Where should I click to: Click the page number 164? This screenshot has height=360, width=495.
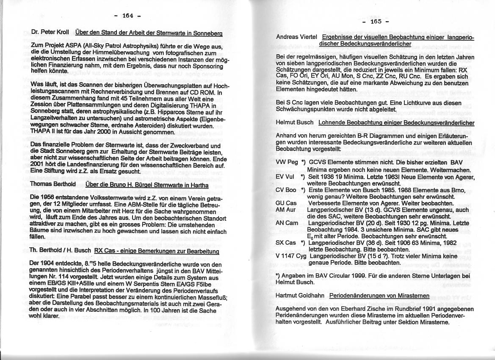point(127,16)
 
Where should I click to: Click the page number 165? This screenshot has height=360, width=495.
point(376,21)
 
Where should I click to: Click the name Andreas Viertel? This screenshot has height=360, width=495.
point(296,37)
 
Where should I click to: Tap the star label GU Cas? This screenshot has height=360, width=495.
point(286,203)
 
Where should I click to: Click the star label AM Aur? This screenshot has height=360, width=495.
point(286,209)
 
